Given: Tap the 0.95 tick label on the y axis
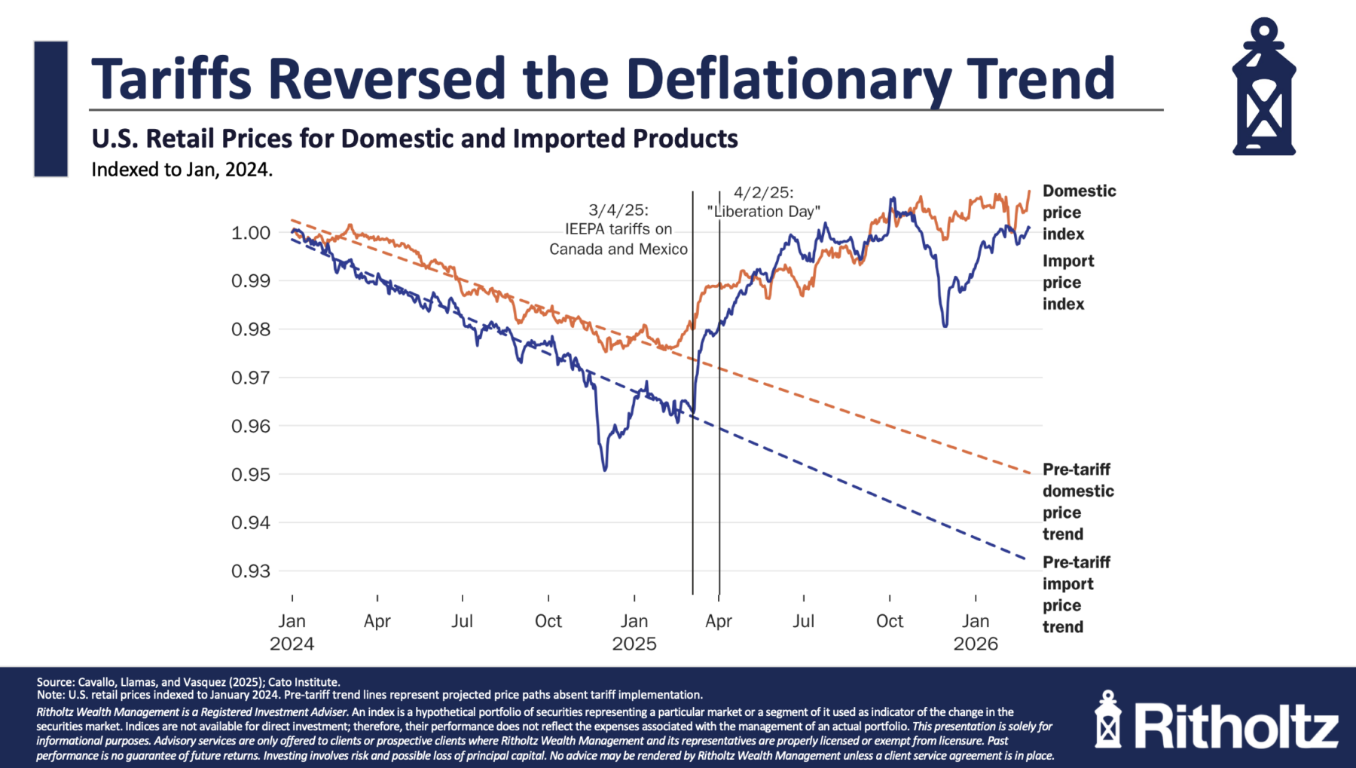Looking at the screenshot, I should click(250, 474).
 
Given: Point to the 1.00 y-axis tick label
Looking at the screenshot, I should click(250, 233).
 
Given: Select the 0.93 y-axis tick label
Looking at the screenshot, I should click(250, 571).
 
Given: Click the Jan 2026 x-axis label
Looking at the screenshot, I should click(976, 632).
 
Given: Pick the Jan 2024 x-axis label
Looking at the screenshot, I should click(292, 632).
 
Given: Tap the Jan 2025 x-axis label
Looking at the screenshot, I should click(634, 632).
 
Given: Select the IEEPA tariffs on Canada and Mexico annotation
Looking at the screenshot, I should click(618, 230).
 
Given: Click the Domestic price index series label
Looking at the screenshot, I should click(1078, 213).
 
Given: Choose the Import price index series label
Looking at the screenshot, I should click(1067, 283).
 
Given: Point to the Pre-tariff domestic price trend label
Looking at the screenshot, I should click(1077, 501).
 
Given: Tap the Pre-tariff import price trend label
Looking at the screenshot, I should click(1076, 594).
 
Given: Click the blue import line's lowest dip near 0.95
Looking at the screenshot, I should click(605, 470).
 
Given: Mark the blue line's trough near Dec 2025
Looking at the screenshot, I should click(945, 325).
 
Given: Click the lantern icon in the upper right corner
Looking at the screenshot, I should click(1263, 87).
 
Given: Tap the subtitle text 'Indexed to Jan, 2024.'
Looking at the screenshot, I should click(182, 170).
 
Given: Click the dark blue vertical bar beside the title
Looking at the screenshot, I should click(50, 109).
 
